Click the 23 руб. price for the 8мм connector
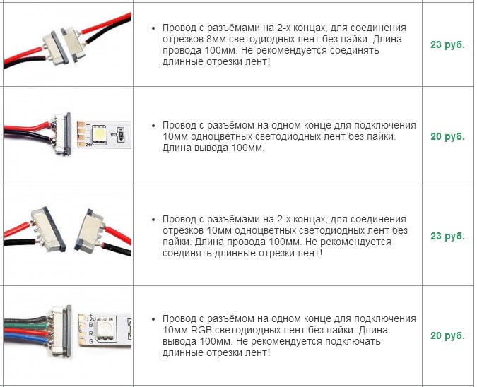pyautogui.click(x=447, y=44)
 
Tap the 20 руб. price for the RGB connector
pyautogui.click(x=447, y=335)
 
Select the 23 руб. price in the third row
pyautogui.click(x=447, y=236)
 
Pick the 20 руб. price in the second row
pyautogui.click(x=447, y=136)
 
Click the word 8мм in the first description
pyautogui.click(x=216, y=40)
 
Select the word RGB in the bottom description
pyautogui.click(x=203, y=331)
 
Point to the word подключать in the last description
pyautogui.click(x=353, y=341)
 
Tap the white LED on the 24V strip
pyautogui.click(x=99, y=133)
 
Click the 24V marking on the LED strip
pyautogui.click(x=88, y=145)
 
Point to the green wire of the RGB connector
pyautogui.click(x=26, y=326)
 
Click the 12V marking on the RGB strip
pyautogui.click(x=91, y=319)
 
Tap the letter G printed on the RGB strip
pyautogui.click(x=91, y=341)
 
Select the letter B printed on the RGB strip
pyautogui.click(x=90, y=326)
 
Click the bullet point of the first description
pyautogui.click(x=153, y=28)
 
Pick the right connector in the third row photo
pyautogui.click(x=90, y=229)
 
